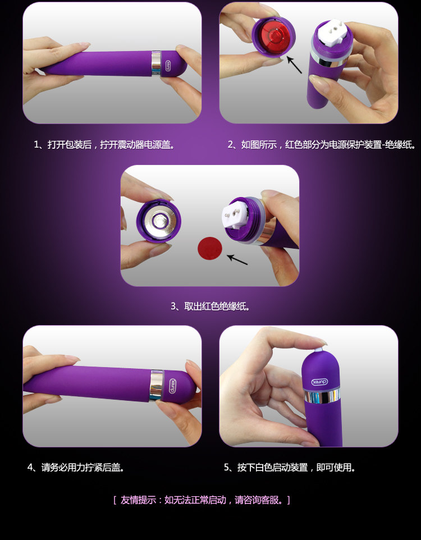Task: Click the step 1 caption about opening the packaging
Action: click(x=104, y=145)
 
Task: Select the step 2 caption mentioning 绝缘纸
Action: click(x=322, y=145)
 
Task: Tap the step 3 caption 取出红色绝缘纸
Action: click(x=210, y=306)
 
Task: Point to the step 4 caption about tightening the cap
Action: click(x=76, y=468)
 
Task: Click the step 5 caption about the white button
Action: click(x=290, y=468)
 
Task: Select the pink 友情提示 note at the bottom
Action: click(x=202, y=500)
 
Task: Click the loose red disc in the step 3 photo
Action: click(x=210, y=248)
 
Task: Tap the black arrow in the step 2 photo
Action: click(x=294, y=65)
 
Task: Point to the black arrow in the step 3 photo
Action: click(x=237, y=259)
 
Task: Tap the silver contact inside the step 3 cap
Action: click(x=159, y=221)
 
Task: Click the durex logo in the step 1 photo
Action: click(x=168, y=66)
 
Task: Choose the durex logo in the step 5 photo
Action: click(x=320, y=382)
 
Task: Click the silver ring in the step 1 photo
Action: click(x=156, y=63)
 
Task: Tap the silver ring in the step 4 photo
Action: click(x=156, y=386)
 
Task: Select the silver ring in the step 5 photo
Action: click(x=322, y=396)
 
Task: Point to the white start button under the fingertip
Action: click(x=318, y=351)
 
